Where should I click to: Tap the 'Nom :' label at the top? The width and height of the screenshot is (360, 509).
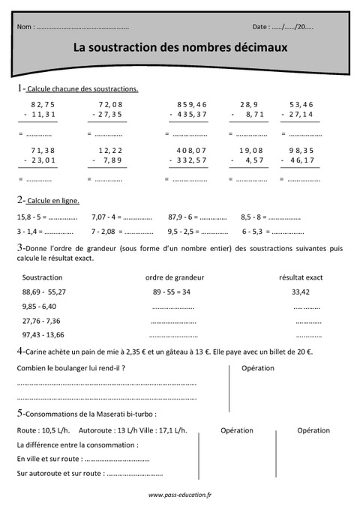[x=25, y=27]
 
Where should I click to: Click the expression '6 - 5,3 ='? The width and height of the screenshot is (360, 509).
[x=256, y=232]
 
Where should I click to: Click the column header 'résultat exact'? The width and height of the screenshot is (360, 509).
[x=300, y=277]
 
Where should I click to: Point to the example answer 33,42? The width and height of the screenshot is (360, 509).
[x=300, y=292]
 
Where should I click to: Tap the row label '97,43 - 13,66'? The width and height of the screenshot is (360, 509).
[x=43, y=334]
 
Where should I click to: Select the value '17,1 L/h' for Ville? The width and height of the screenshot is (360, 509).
[x=172, y=430]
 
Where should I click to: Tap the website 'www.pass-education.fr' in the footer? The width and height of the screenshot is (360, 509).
[x=180, y=495]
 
